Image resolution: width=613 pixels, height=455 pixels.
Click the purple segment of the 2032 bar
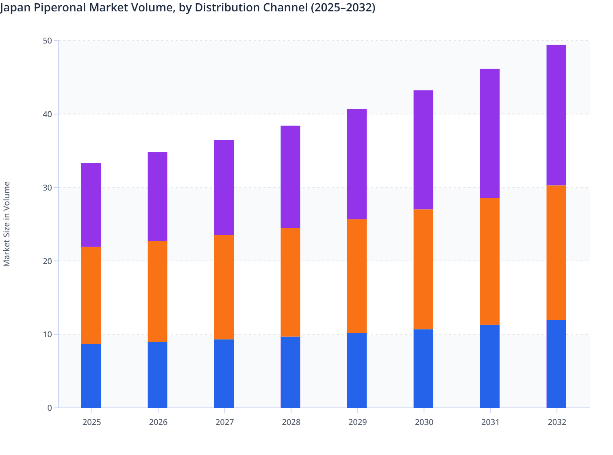(x=556, y=115)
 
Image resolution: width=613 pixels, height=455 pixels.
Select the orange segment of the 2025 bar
(x=91, y=295)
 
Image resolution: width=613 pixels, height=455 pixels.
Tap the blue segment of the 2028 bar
(x=290, y=372)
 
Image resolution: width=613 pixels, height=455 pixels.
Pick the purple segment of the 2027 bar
(x=224, y=187)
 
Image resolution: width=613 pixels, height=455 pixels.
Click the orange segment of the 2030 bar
(x=423, y=269)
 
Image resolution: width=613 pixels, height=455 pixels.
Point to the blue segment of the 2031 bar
(x=489, y=366)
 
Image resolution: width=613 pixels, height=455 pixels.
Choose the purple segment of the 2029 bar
(x=357, y=164)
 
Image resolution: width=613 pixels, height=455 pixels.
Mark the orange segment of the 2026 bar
(x=157, y=291)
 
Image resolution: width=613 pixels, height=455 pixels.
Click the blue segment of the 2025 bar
(x=91, y=376)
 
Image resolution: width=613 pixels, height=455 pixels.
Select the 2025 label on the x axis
(x=91, y=422)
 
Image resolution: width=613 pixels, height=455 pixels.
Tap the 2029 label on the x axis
(x=357, y=422)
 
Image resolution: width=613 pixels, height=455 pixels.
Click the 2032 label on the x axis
(x=556, y=422)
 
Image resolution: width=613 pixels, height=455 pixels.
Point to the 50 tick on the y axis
(x=47, y=41)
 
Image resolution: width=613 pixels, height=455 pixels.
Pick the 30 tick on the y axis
(x=47, y=188)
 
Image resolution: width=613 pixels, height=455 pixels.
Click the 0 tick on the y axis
(x=50, y=408)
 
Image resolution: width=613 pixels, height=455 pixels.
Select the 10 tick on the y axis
(x=47, y=334)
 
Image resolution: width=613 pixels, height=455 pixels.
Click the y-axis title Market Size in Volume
(x=7, y=224)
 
